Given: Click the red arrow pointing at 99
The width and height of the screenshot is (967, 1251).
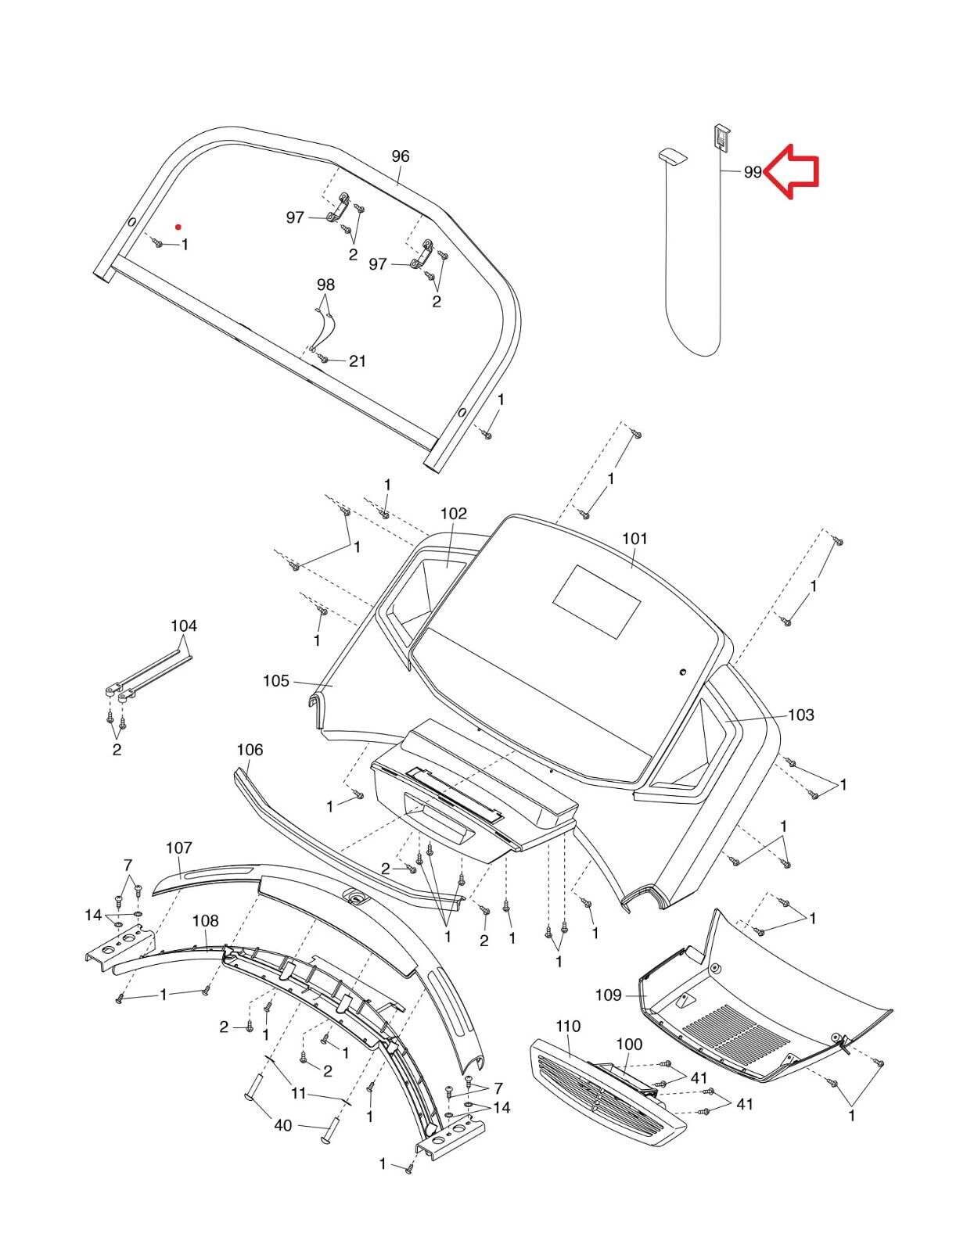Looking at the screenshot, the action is (791, 171).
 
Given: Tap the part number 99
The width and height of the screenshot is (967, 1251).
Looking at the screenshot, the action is (753, 172).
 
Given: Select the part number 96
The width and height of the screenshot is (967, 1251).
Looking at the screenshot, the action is (401, 156).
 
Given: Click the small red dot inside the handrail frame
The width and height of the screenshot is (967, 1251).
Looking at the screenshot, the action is (178, 227).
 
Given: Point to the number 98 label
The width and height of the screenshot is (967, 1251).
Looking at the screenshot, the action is (325, 285).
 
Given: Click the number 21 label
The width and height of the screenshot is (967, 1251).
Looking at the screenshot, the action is (358, 361).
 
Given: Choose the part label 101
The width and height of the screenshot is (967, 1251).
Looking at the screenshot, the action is (634, 539).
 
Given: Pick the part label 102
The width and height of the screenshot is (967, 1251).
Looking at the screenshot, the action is (454, 513).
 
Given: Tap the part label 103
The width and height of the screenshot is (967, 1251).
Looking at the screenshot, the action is (801, 715).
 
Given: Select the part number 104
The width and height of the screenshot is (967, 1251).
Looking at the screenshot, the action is (184, 625).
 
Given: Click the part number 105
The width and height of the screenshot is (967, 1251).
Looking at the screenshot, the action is (276, 681).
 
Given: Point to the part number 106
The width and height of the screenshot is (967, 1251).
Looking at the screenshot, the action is (250, 750).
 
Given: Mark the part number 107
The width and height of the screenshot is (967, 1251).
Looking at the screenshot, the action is (179, 848).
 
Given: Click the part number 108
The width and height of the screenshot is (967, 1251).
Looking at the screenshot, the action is (206, 920).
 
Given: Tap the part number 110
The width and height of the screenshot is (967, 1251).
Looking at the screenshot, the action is (568, 1026).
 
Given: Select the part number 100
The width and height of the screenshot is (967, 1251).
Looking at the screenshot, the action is (630, 1044).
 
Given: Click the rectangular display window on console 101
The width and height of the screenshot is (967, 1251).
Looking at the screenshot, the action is (597, 601).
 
